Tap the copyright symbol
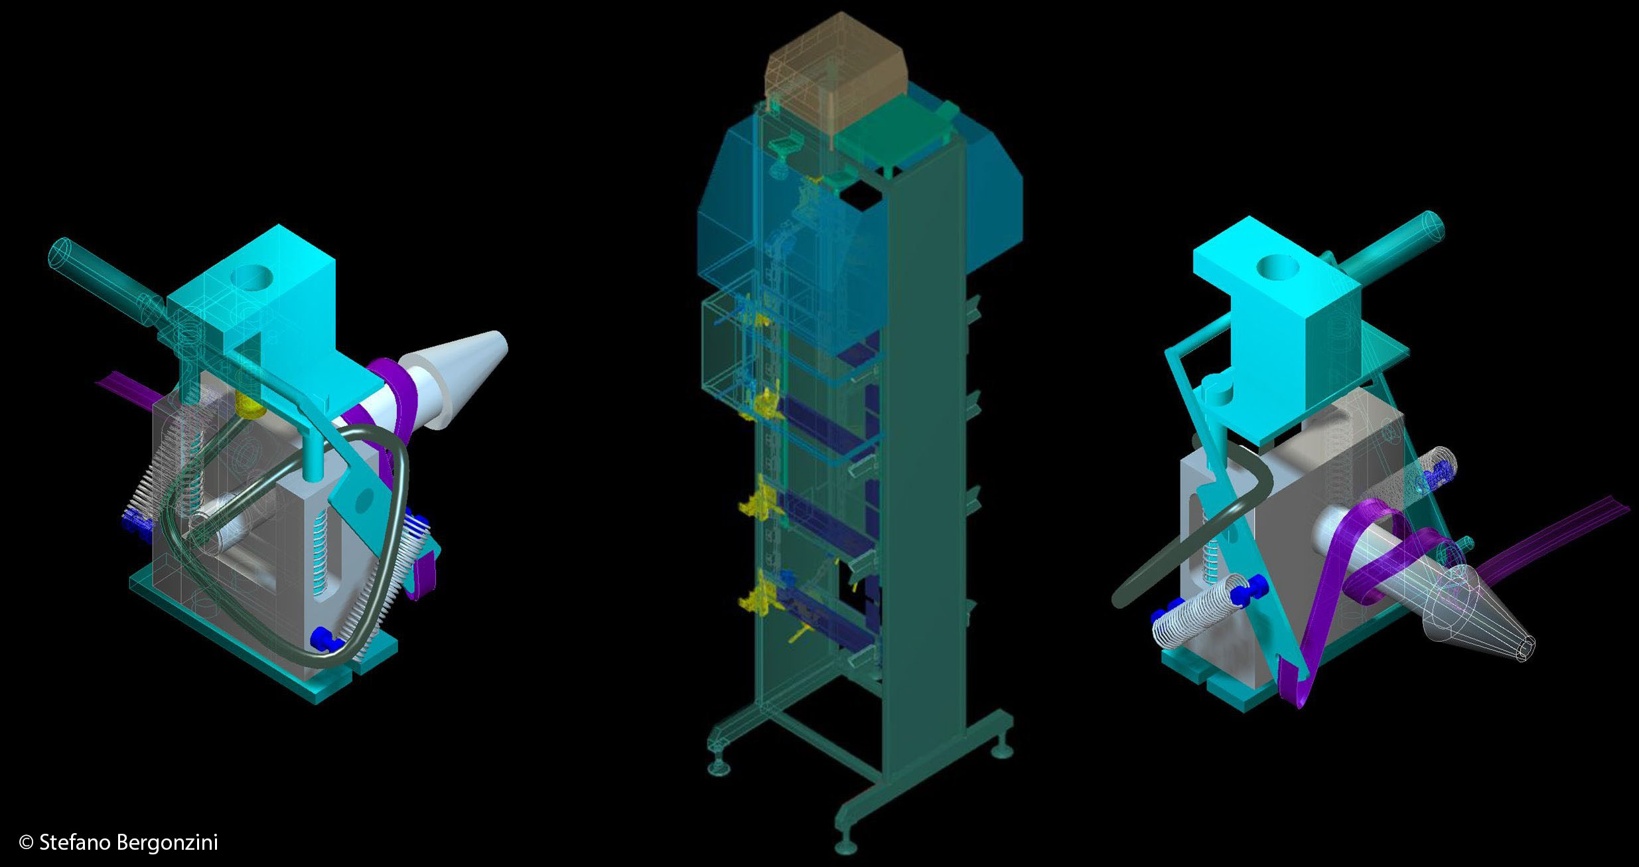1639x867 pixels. click(x=27, y=843)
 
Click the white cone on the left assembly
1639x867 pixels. click(x=457, y=378)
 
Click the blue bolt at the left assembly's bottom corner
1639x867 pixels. click(x=324, y=639)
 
